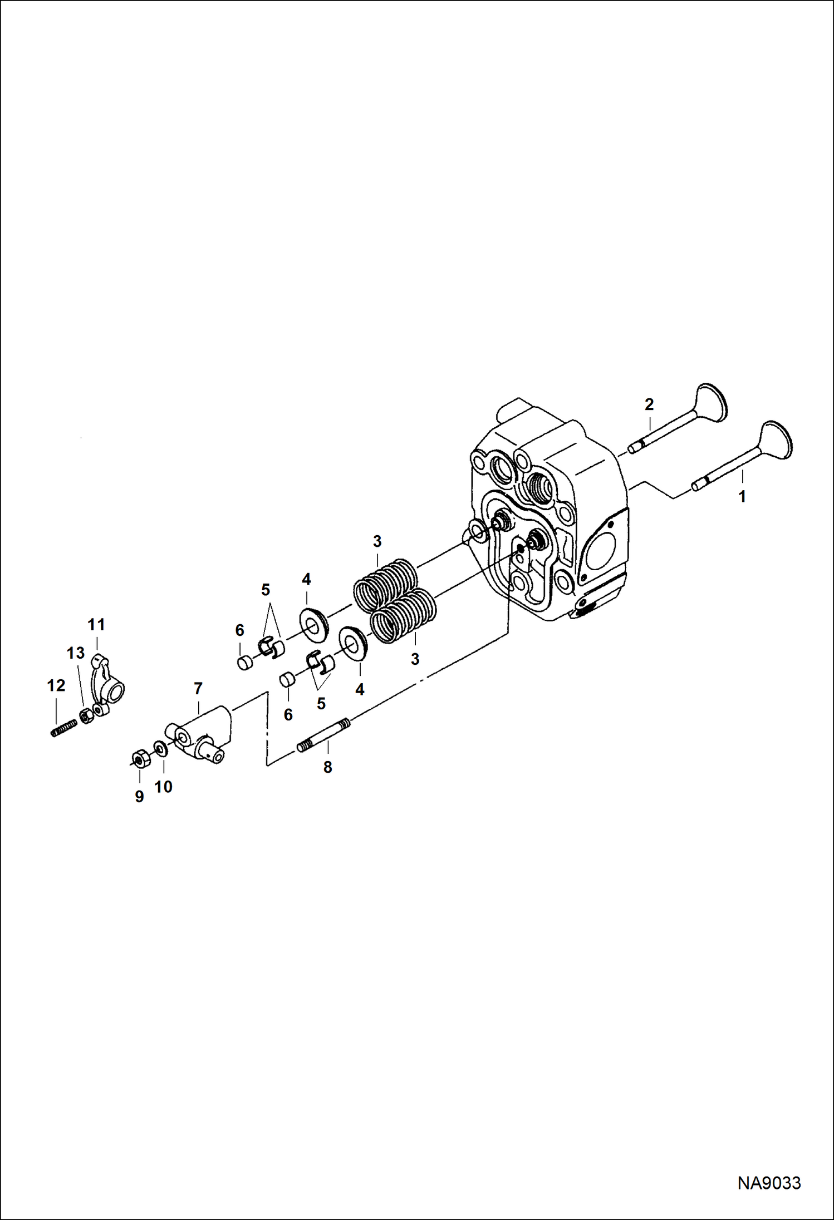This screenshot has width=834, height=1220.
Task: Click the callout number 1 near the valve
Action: (742, 496)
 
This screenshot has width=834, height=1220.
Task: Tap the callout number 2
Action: (649, 404)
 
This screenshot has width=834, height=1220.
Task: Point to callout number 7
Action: (198, 689)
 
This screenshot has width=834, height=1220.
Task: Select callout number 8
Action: (327, 767)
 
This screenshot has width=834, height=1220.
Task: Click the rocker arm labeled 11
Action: (108, 680)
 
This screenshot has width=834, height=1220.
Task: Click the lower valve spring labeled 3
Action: (402, 618)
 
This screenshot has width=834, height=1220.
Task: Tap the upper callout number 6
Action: (239, 630)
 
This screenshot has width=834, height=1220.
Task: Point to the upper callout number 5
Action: (266, 589)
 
